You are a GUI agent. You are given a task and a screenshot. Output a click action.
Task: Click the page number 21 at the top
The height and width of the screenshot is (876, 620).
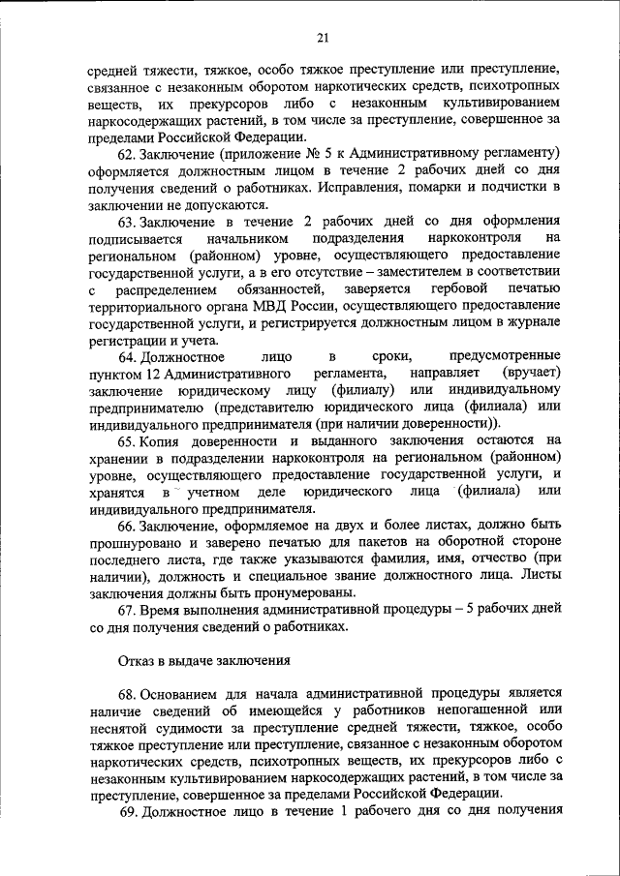323,38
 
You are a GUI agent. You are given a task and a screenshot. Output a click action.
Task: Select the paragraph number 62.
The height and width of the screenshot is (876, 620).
128,154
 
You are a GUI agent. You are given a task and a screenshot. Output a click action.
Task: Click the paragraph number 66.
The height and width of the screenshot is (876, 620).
128,524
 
